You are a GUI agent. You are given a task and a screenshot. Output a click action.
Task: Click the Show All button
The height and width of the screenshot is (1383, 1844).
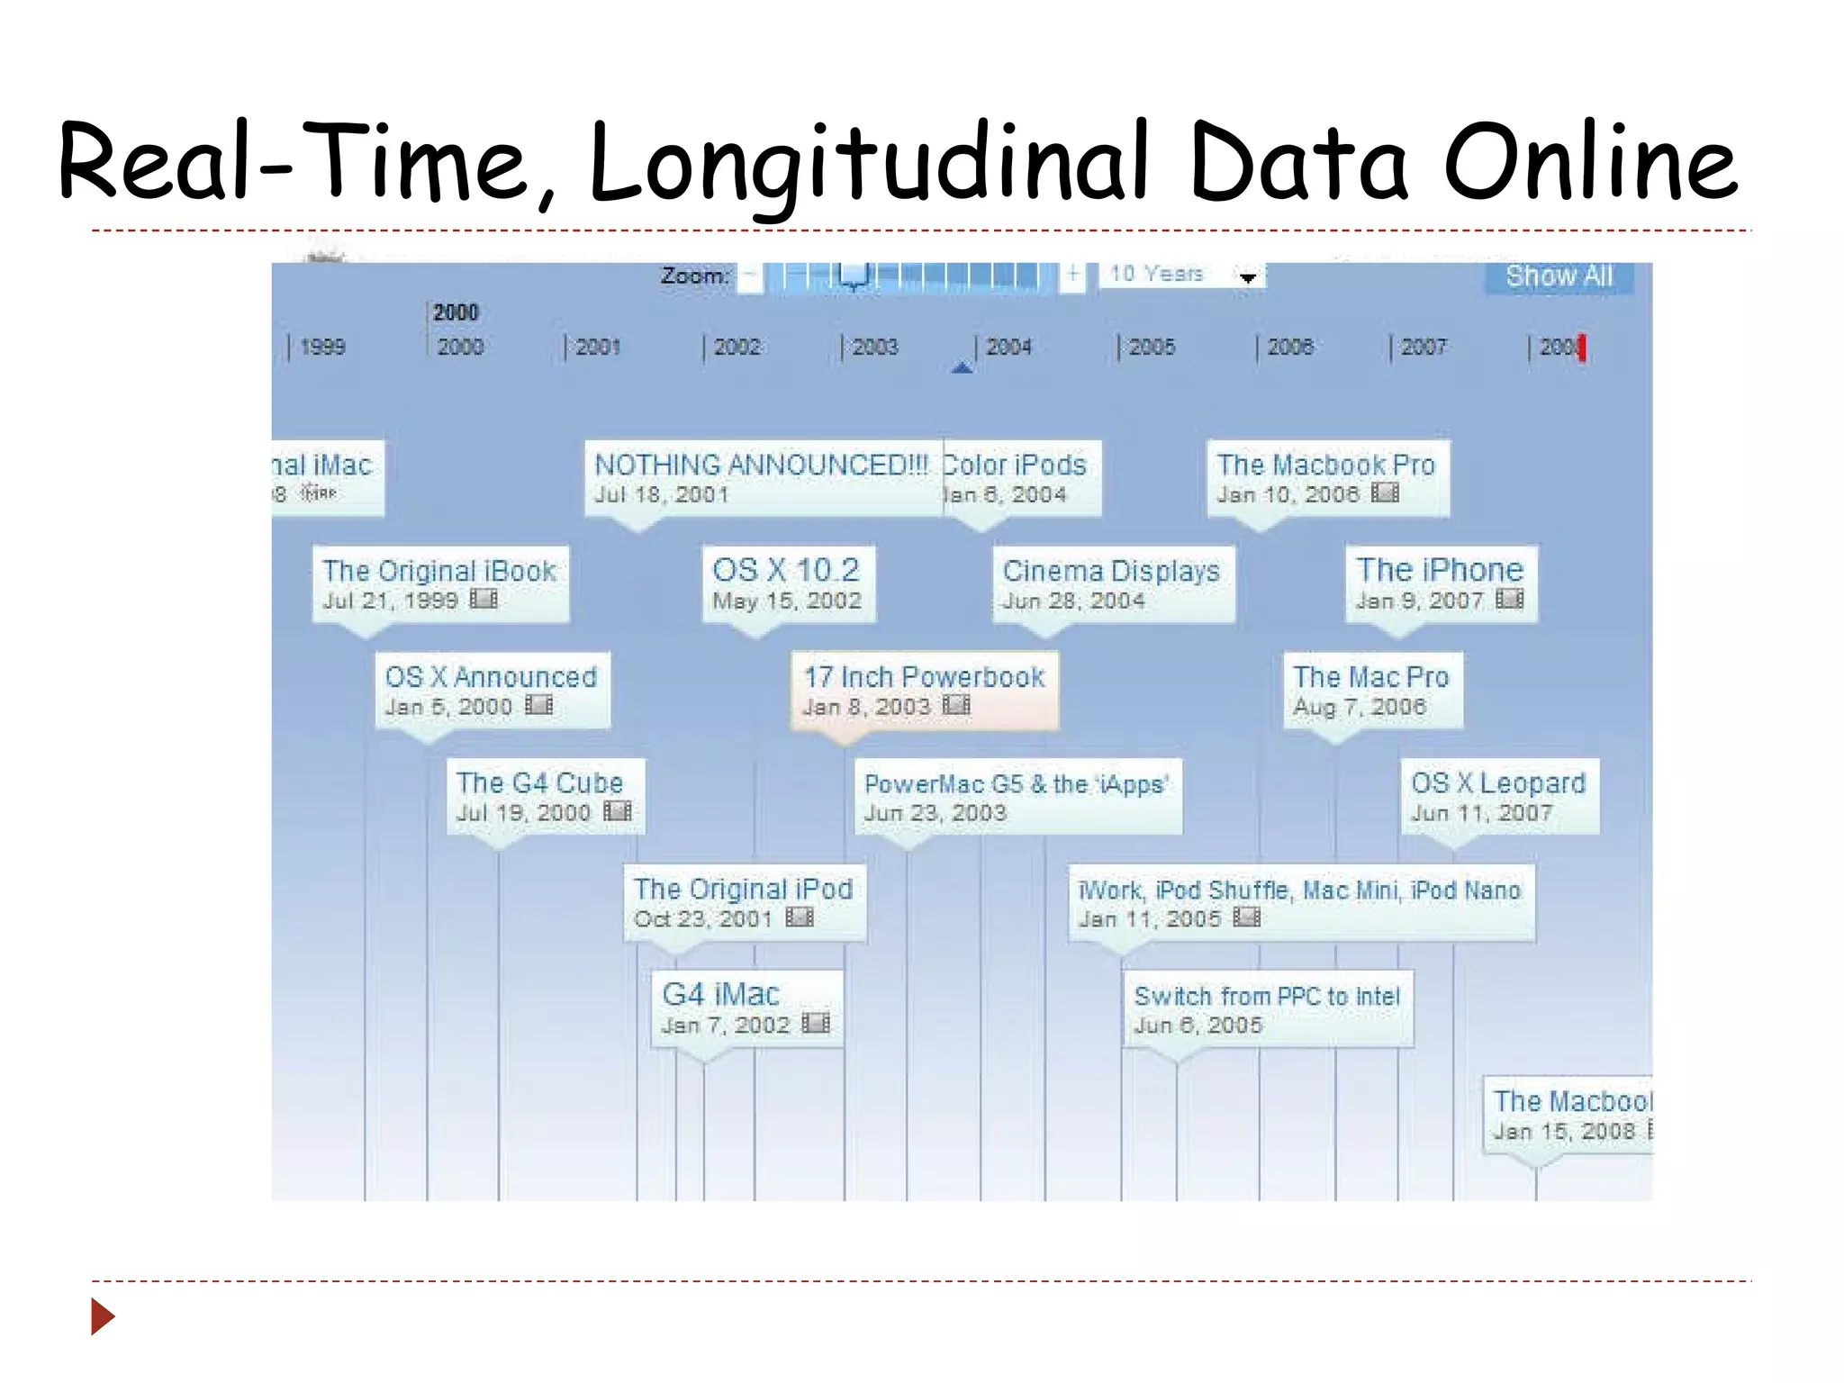[1559, 276]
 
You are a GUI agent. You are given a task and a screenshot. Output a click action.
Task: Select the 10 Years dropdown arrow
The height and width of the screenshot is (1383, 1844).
[1248, 278]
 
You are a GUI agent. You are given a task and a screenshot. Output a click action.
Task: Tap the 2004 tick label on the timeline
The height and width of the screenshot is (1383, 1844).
[1008, 347]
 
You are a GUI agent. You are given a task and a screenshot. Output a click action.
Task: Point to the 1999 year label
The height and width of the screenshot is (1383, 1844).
[322, 347]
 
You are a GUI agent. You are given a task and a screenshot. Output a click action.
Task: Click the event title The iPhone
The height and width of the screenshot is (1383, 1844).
[1440, 570]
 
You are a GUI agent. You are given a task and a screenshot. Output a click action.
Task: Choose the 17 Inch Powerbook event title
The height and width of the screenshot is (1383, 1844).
[924, 677]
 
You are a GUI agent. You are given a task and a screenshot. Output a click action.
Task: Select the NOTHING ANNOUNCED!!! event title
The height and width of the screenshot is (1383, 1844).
[761, 465]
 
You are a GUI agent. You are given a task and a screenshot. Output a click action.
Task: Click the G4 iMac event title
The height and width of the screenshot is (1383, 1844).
[720, 995]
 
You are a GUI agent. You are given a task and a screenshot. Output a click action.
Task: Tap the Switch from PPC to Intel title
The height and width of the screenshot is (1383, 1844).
[1267, 997]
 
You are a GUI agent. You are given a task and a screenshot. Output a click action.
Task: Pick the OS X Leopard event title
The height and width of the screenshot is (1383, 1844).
[1498, 783]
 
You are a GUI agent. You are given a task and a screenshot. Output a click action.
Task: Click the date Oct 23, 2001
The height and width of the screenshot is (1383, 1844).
[703, 919]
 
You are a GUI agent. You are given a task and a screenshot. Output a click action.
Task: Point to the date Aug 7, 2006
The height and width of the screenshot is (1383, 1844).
[1360, 708]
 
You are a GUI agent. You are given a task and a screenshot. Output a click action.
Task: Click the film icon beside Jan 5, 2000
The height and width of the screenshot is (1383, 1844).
[539, 705]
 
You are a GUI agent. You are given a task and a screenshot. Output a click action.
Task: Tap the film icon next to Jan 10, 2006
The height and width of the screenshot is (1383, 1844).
[1385, 493]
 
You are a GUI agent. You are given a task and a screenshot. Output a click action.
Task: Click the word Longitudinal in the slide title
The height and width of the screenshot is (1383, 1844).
[868, 164]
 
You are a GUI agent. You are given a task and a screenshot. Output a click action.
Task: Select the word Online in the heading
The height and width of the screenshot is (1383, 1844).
[1590, 164]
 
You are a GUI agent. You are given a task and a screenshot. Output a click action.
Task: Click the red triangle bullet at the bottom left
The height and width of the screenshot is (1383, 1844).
[104, 1316]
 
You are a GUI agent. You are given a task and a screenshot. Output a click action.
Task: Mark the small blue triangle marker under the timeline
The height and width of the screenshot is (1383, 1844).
[962, 366]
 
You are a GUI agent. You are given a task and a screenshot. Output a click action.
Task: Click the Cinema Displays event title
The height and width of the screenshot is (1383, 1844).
[1111, 571]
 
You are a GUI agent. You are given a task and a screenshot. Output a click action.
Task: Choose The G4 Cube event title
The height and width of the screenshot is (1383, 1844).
[539, 783]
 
